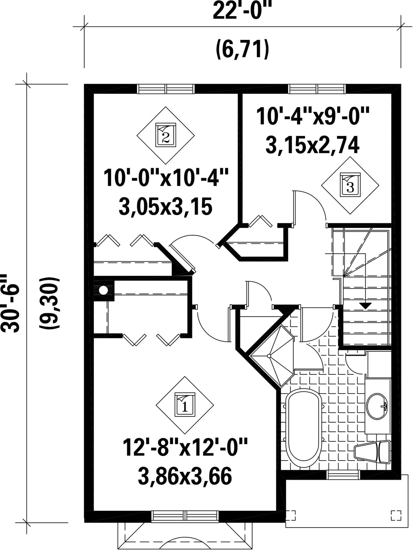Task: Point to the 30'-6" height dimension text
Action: tap(10, 303)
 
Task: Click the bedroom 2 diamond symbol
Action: tap(166, 135)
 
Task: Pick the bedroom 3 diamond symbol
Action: tap(350, 185)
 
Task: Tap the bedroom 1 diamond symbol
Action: tap(185, 405)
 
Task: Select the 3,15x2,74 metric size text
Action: tap(312, 146)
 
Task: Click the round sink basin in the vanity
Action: tap(376, 406)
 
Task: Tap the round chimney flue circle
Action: tap(103, 290)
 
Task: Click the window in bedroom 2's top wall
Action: tap(166, 89)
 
